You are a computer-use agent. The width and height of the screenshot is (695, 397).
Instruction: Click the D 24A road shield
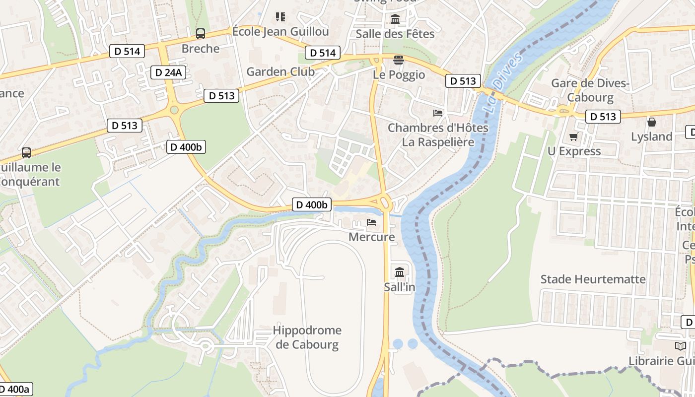point(168,72)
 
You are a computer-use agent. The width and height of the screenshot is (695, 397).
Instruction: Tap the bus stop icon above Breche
point(201,34)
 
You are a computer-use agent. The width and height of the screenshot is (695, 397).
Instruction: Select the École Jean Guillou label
point(280,32)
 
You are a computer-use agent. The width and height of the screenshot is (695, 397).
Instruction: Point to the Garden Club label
point(280,71)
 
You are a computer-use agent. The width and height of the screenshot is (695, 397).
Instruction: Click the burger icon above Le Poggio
point(399,60)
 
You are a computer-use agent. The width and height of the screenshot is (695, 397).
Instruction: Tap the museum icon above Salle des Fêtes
point(395,19)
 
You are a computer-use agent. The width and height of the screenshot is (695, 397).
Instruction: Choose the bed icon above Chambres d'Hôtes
point(438,113)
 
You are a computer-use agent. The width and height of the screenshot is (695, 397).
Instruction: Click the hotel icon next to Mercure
point(371,222)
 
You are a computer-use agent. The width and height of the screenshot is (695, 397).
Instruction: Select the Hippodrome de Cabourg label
point(307,337)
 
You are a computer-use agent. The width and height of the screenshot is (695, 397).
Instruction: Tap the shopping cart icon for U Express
point(574,136)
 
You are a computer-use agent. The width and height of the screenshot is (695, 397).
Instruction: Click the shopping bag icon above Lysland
point(651,122)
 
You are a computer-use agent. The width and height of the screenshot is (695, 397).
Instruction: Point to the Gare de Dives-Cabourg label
point(590,90)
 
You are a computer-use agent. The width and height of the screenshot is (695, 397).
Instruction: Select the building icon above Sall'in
point(400,272)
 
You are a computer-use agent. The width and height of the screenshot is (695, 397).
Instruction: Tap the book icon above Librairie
point(680,346)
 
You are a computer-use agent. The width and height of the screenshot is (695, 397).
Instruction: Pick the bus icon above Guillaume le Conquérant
point(26,153)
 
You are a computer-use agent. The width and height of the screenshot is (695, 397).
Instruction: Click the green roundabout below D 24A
point(174,110)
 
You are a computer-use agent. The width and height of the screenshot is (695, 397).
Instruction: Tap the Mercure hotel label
point(371,237)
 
